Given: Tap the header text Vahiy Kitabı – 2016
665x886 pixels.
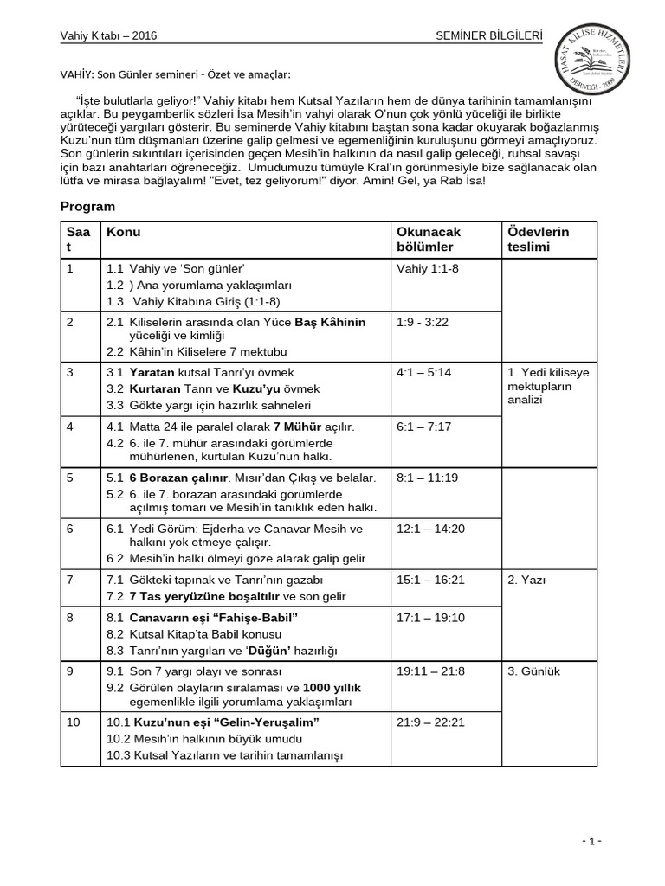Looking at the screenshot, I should point(108,35).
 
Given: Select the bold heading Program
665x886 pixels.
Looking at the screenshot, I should point(87,207).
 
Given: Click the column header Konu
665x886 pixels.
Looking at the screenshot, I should point(124,232).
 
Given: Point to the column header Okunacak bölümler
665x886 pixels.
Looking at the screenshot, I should point(429,240).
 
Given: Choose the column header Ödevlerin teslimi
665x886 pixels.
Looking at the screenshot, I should point(539,240).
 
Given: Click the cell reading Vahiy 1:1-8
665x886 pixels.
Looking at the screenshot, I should point(428,268).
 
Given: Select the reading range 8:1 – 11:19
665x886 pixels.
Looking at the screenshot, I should point(428,477).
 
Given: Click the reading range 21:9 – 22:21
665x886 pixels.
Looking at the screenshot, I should point(431,722).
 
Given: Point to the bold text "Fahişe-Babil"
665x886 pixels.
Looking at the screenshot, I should point(257,619).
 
